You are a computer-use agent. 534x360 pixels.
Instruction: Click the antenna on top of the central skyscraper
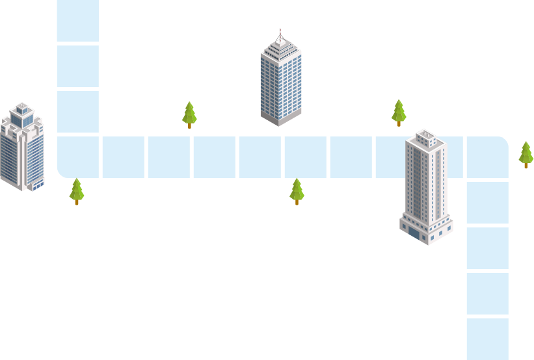pyautogui.click(x=280, y=32)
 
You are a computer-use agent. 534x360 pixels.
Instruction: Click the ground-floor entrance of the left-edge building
pyautogui.click(x=37, y=185)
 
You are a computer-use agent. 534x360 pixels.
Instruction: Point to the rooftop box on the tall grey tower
pyautogui.click(x=426, y=136)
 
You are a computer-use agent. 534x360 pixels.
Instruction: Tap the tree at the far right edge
pyautogui.click(x=526, y=153)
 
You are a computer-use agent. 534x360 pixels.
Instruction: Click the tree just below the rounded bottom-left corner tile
pyautogui.click(x=77, y=190)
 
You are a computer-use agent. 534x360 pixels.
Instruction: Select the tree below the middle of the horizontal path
pyautogui.click(x=297, y=190)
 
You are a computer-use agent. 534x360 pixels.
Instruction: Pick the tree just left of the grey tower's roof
pyautogui.click(x=399, y=111)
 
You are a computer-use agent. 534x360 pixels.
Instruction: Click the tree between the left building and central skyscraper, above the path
pyautogui.click(x=189, y=113)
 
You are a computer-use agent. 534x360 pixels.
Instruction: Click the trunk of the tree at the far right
pyautogui.click(x=526, y=165)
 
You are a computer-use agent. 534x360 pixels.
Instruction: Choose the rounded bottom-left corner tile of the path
pyautogui.click(x=78, y=157)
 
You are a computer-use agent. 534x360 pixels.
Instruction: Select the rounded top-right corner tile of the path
pyautogui.click(x=487, y=157)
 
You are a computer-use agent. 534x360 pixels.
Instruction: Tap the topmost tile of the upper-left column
pyautogui.click(x=78, y=20)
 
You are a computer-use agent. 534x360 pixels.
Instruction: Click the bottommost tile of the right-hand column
pyautogui.click(x=487, y=339)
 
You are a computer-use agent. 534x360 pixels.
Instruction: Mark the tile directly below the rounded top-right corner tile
pyautogui.click(x=487, y=202)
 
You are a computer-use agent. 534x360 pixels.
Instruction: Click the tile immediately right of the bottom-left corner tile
pyautogui.click(x=123, y=157)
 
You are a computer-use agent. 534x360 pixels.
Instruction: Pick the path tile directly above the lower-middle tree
pyautogui.click(x=305, y=157)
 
